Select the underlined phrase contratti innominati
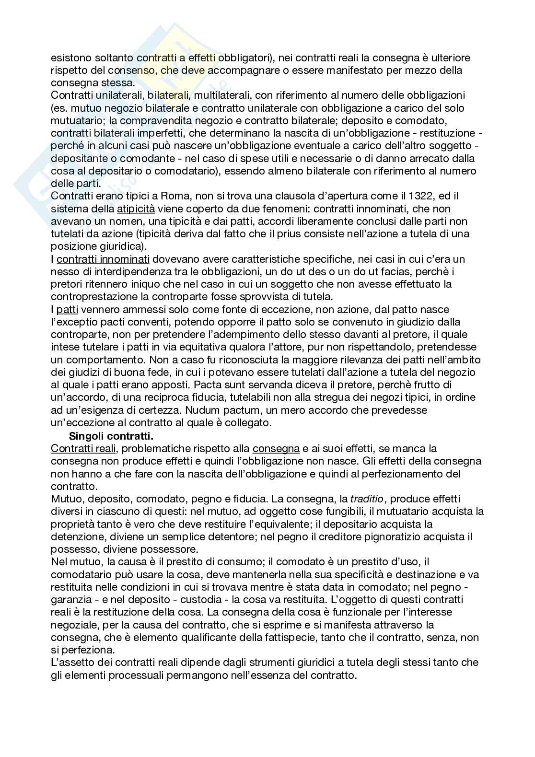pos(103,259)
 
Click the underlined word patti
pos(67,310)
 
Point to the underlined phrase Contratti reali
pos(80,449)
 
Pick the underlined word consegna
pos(276,449)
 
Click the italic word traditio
pos(367,499)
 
